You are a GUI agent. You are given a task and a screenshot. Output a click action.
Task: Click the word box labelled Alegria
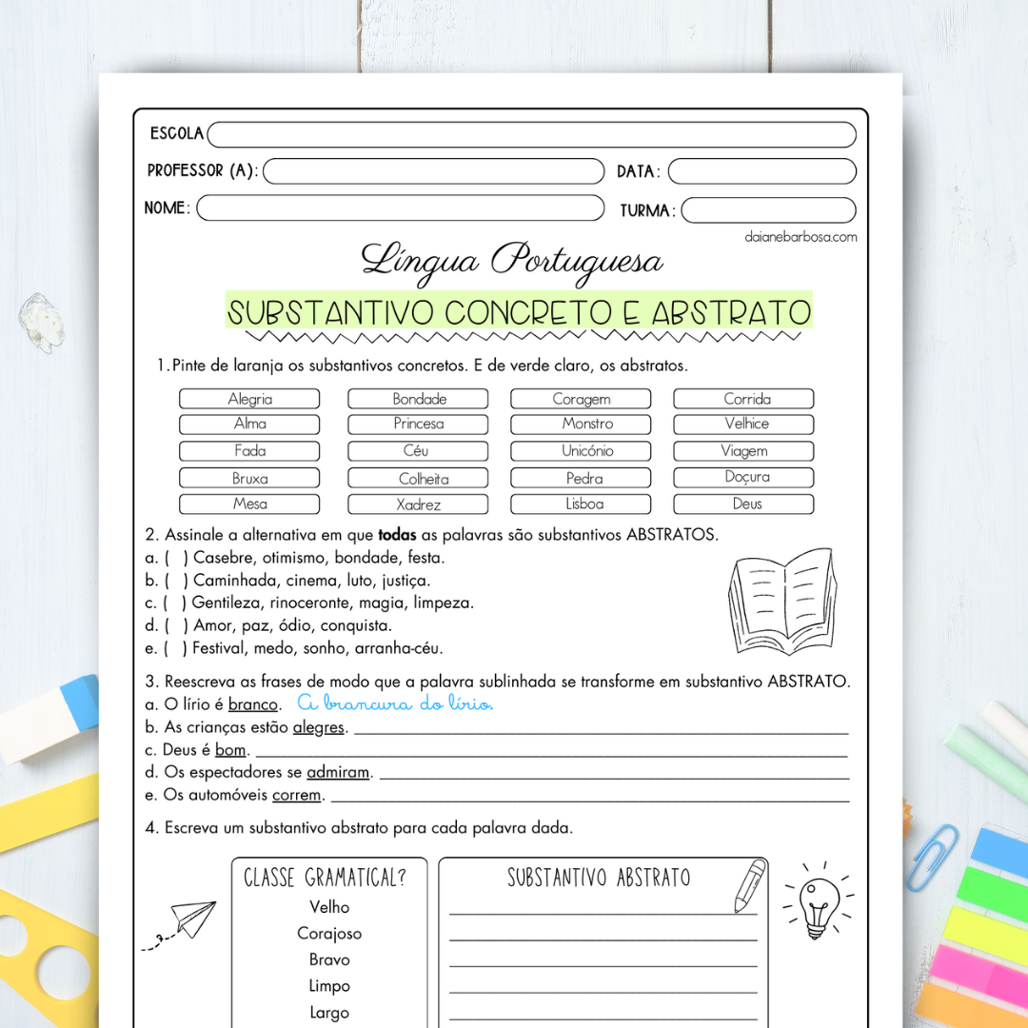click(249, 399)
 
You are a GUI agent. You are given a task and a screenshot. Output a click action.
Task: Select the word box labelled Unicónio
click(581, 451)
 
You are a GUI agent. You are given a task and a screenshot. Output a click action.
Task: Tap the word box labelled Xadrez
click(418, 504)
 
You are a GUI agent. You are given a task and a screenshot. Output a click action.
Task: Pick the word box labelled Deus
click(743, 504)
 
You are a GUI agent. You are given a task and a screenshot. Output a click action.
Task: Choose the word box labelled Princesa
click(418, 425)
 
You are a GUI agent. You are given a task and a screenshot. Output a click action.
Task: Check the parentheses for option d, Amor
click(175, 626)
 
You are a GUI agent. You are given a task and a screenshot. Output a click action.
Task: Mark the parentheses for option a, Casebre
click(175, 558)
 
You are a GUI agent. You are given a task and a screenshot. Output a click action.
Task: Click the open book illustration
click(782, 602)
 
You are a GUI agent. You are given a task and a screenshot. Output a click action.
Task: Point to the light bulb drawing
click(817, 902)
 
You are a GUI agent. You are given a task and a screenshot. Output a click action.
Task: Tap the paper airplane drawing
click(188, 920)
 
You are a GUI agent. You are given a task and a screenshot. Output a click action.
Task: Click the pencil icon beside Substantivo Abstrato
click(750, 885)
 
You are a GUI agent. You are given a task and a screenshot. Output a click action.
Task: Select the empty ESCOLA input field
click(531, 135)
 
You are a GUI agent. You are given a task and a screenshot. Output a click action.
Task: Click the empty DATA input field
click(761, 171)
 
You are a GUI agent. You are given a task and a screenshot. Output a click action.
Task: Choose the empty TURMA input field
click(768, 210)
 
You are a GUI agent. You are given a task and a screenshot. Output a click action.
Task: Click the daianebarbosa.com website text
click(801, 237)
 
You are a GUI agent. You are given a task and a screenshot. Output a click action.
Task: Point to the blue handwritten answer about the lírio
click(395, 703)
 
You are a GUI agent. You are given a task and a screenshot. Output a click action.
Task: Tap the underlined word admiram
click(337, 773)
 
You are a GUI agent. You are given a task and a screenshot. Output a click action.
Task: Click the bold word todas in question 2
click(397, 535)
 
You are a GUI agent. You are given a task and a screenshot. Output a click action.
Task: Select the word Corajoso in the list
click(329, 934)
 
